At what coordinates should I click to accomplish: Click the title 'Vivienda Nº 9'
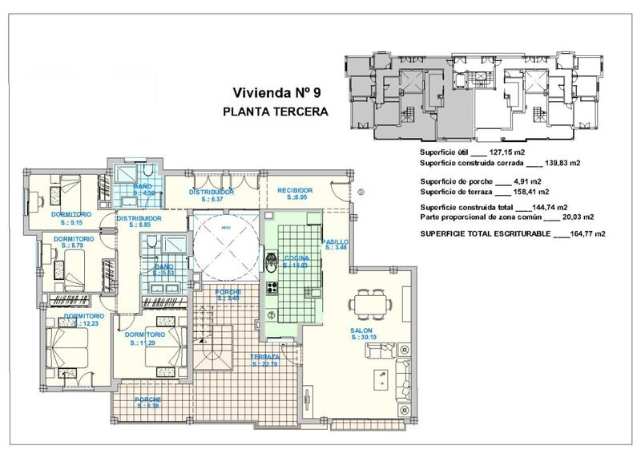[276, 92]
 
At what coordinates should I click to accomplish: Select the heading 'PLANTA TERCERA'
[276, 112]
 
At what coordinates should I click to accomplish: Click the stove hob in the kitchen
[272, 288]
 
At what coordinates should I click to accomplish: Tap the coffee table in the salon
[379, 376]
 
